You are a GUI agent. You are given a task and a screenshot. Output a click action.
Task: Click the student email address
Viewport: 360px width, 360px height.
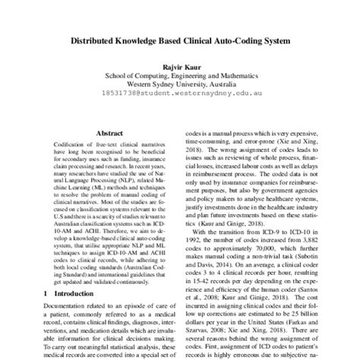(180, 97)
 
